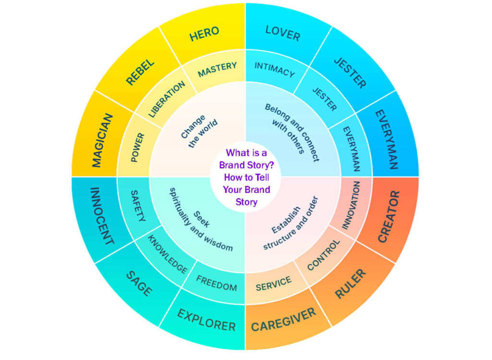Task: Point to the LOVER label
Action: click(x=283, y=33)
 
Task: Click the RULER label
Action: click(x=350, y=284)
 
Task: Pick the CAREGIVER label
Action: click(x=283, y=320)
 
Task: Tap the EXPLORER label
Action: click(x=206, y=320)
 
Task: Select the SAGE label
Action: click(x=139, y=283)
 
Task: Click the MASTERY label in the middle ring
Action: click(x=217, y=69)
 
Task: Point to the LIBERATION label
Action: click(x=166, y=99)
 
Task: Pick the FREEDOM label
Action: click(x=216, y=283)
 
